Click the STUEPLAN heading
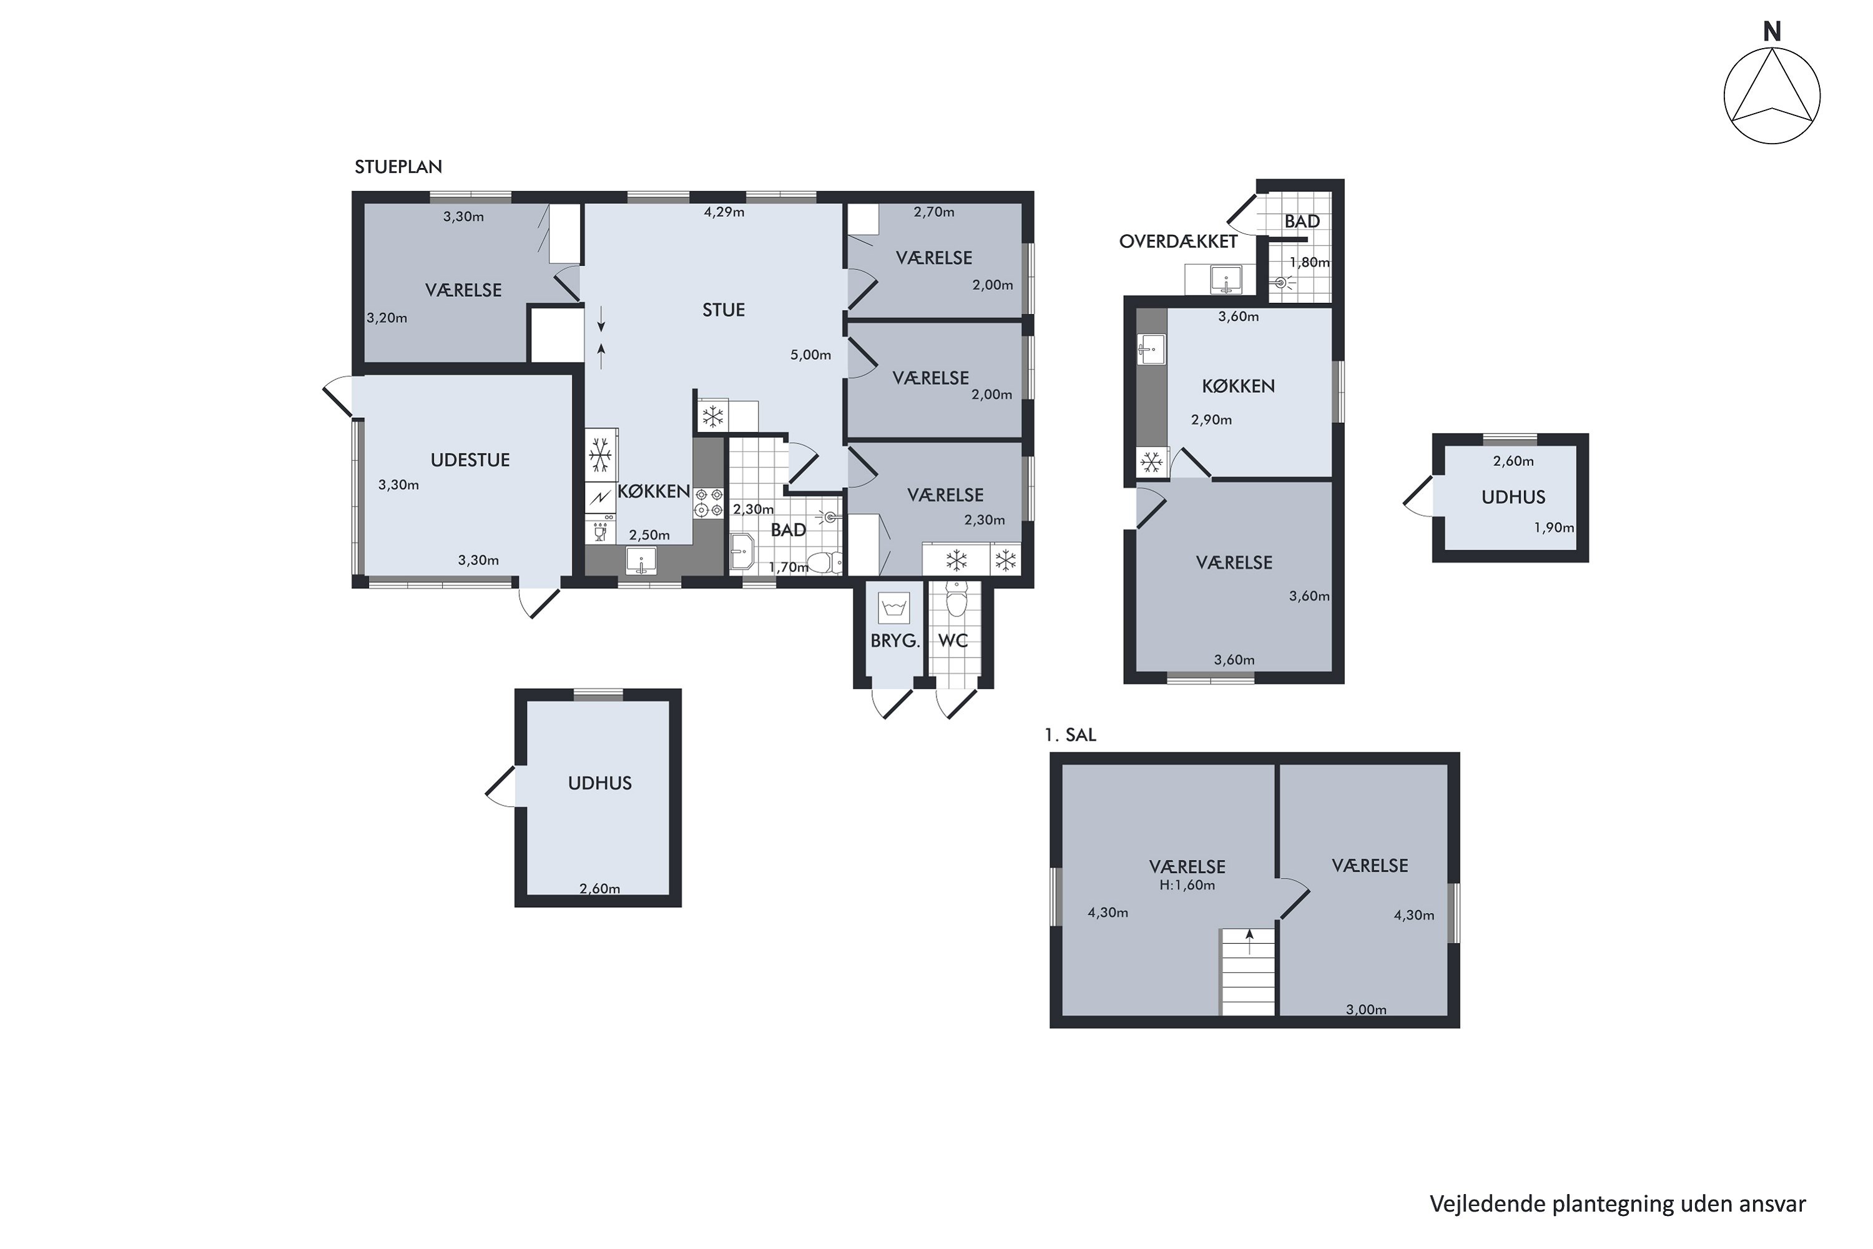(398, 167)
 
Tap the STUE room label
(723, 310)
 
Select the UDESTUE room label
(470, 460)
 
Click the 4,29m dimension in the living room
(724, 212)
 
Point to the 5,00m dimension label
(810, 355)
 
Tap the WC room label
(953, 641)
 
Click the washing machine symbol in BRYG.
(893, 608)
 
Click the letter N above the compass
(1771, 32)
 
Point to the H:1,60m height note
(1187, 885)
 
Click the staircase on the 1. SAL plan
(1248, 972)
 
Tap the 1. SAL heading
(1070, 735)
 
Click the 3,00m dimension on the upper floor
(1366, 1010)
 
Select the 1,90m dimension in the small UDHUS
(1554, 527)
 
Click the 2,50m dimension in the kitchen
(649, 535)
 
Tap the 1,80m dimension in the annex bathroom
(1309, 262)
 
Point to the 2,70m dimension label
(933, 212)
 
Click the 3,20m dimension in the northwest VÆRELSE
(387, 318)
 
